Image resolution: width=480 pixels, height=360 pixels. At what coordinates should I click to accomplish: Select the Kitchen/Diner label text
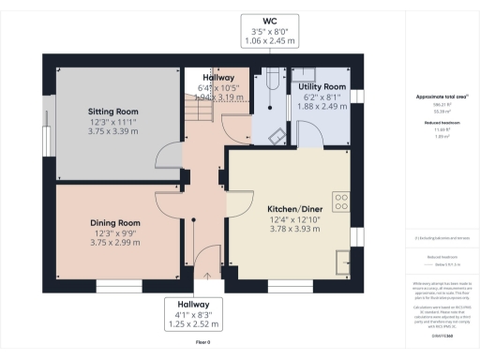click(x=289, y=208)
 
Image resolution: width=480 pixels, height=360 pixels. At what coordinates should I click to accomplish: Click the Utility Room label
click(x=317, y=86)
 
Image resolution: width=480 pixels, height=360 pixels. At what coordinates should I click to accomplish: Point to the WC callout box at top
click(x=268, y=32)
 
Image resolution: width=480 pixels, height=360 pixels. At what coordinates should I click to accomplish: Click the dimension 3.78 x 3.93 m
click(x=289, y=231)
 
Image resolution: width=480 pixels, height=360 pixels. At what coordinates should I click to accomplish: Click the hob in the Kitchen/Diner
click(x=341, y=202)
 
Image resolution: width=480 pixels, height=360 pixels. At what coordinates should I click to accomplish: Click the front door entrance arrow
click(x=207, y=276)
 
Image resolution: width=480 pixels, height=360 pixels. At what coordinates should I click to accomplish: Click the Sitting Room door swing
click(x=166, y=156)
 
